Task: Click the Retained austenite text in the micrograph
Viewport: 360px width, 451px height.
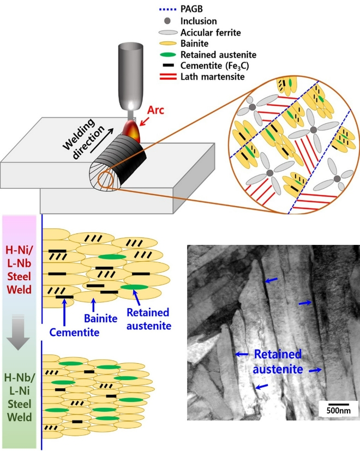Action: [x=278, y=362]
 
